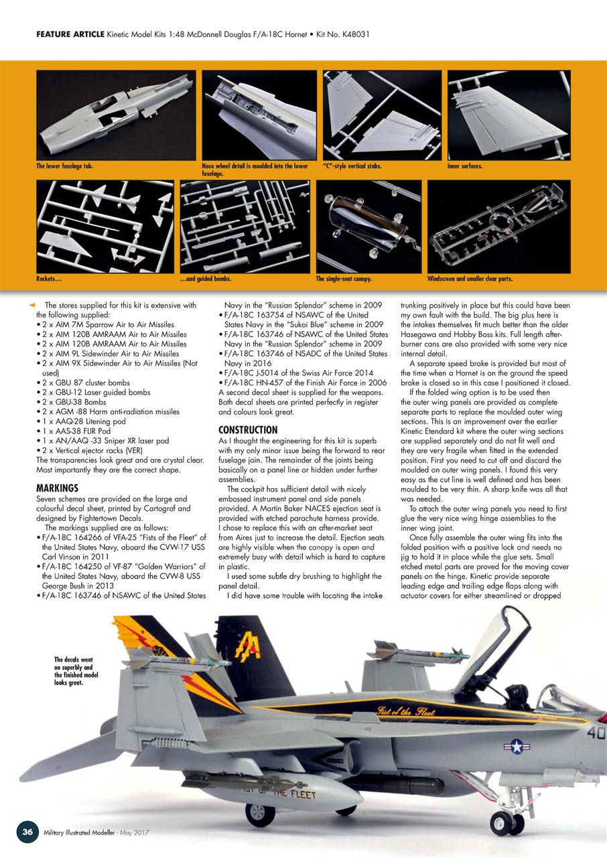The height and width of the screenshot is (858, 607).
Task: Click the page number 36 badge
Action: click(x=27, y=831)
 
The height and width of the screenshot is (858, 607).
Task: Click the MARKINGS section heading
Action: click(x=58, y=487)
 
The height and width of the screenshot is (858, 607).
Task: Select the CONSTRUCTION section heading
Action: click(x=248, y=429)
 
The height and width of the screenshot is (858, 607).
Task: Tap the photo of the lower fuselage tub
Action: click(x=115, y=115)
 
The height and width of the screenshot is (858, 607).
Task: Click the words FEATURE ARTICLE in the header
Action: click(x=70, y=34)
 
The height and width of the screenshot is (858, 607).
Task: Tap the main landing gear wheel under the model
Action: click(x=261, y=812)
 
